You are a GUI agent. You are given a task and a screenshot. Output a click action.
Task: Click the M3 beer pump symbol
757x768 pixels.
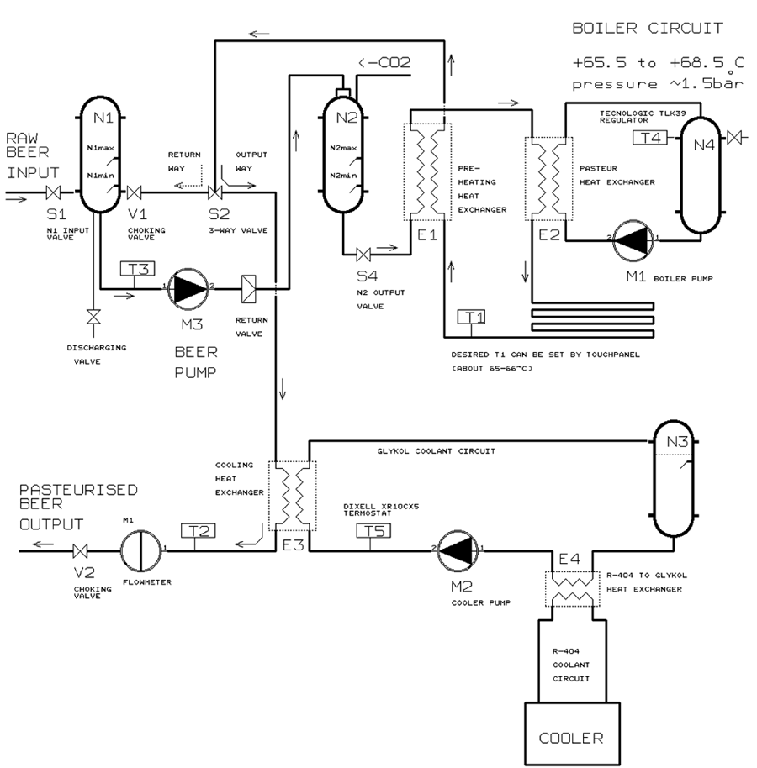click(188, 289)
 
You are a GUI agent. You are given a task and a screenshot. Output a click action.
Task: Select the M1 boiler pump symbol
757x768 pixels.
click(633, 240)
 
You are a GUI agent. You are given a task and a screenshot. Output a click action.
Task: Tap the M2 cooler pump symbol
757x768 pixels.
click(458, 550)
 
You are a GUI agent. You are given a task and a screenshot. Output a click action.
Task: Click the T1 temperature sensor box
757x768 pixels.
click(471, 317)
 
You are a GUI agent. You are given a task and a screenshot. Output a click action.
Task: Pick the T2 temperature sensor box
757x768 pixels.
click(198, 530)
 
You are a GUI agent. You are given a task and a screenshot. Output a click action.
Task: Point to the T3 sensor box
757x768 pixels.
click(137, 268)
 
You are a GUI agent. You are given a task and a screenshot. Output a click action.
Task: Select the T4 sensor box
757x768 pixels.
click(650, 138)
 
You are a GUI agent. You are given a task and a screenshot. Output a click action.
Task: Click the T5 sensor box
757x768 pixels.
click(373, 530)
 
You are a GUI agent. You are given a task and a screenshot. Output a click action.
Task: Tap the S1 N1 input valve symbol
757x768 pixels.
click(53, 192)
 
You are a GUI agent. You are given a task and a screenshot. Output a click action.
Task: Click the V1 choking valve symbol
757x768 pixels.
click(135, 192)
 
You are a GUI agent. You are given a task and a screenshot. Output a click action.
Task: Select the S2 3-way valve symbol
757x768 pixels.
click(214, 192)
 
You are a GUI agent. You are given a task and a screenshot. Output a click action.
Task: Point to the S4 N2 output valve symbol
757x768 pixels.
click(363, 255)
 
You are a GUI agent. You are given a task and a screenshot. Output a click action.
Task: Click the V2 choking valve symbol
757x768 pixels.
click(80, 551)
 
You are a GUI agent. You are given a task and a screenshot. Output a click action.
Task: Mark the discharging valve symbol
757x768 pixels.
click(93, 317)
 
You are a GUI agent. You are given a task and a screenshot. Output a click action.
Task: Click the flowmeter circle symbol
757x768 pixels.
click(141, 550)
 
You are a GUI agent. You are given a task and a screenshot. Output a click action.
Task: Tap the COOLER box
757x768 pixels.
click(572, 733)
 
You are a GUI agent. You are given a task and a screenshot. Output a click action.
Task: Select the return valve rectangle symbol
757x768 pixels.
click(249, 289)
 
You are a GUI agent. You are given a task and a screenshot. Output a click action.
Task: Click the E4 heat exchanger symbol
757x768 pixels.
click(572, 589)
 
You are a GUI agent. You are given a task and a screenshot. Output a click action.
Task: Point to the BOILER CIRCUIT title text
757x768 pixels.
click(648, 28)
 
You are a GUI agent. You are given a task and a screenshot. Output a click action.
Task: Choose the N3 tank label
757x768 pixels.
click(678, 442)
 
